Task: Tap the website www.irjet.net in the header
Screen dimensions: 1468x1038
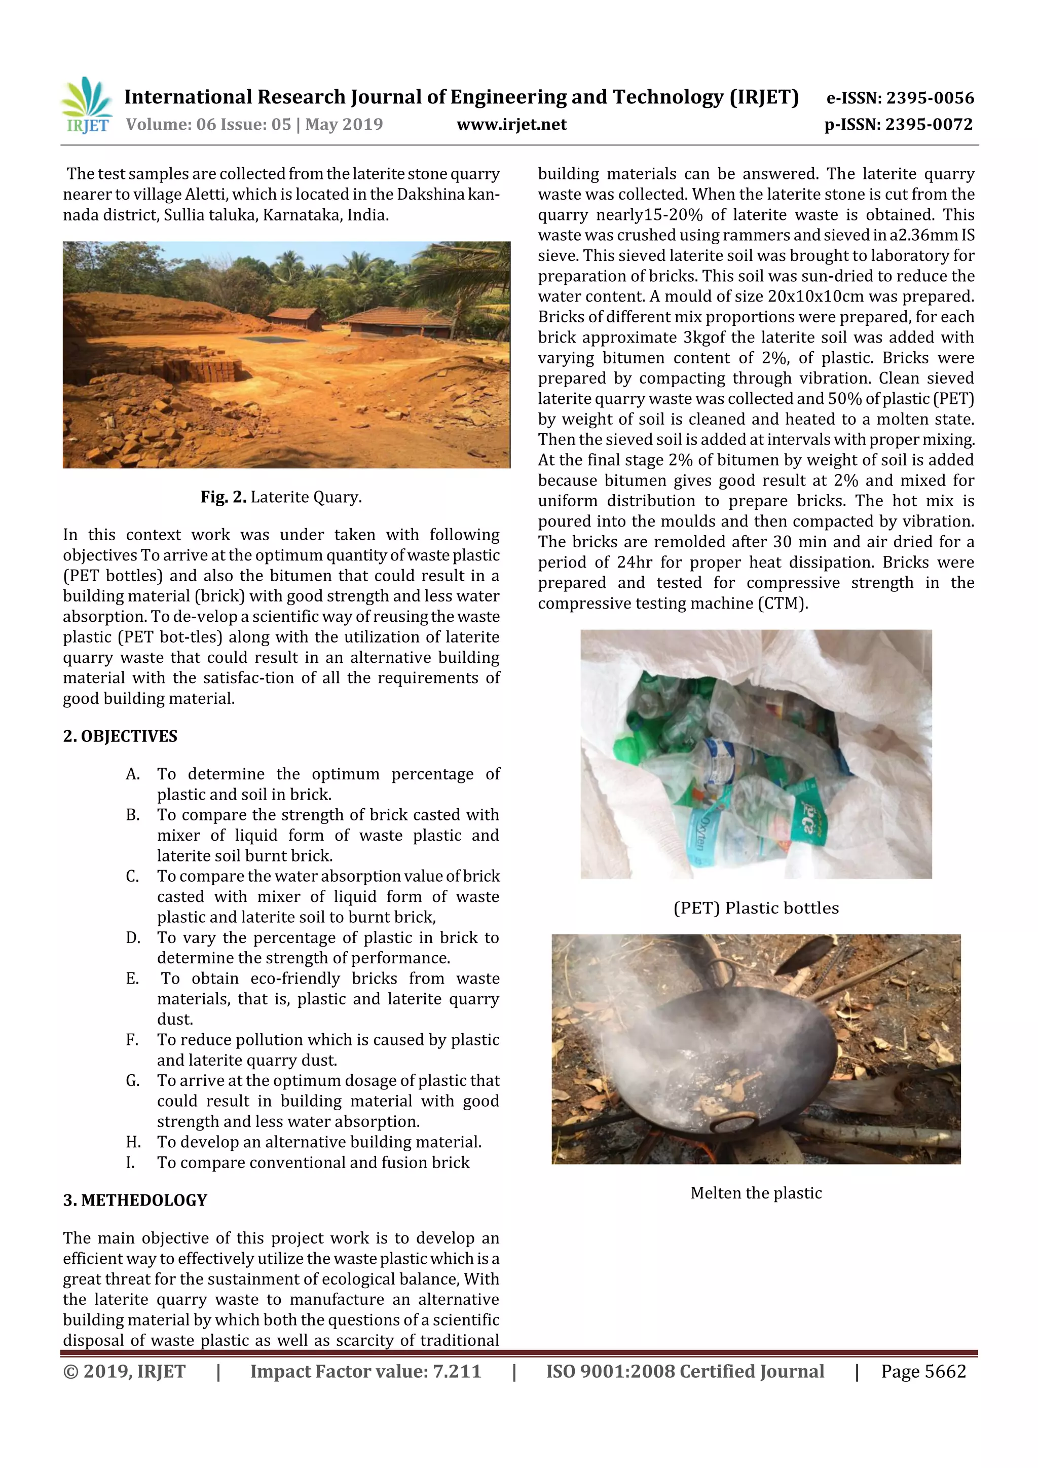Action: [x=511, y=124]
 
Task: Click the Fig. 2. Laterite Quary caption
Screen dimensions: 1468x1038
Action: [x=281, y=497]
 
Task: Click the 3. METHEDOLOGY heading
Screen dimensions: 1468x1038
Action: [x=135, y=1200]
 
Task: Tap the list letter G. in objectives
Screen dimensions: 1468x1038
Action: [x=132, y=1080]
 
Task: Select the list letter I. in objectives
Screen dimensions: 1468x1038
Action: [x=130, y=1162]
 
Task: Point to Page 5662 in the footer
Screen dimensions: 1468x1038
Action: [x=923, y=1371]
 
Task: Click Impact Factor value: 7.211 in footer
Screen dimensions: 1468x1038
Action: [x=365, y=1371]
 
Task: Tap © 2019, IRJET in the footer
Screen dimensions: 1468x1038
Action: [x=124, y=1371]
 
